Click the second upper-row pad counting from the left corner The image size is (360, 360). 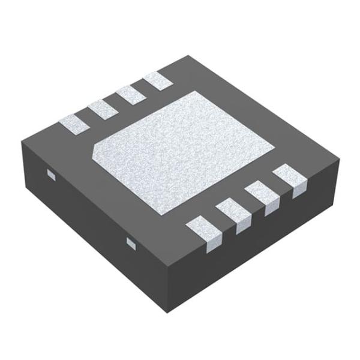[x=101, y=109]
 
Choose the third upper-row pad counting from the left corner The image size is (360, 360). [x=130, y=95]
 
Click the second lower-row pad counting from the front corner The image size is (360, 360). [x=233, y=215]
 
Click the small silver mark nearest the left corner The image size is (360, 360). [x=51, y=175]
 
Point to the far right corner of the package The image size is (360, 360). [x=339, y=161]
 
